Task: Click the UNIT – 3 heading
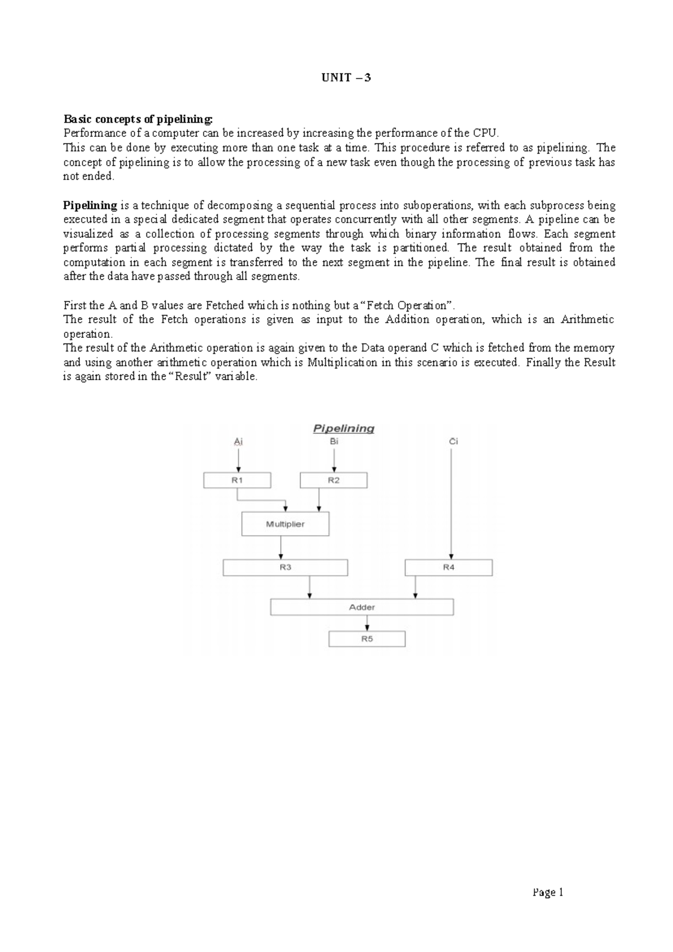tap(346, 77)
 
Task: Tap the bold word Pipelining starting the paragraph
tap(90, 205)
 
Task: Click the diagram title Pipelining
tap(343, 429)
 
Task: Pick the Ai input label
tap(238, 442)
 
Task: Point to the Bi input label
tap(334, 442)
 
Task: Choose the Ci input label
tap(453, 442)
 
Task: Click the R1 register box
tap(237, 480)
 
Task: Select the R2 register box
tap(334, 480)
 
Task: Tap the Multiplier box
tap(285, 524)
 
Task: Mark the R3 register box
tap(285, 567)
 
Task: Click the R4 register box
tap(449, 567)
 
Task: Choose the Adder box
tap(362, 607)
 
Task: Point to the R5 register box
tap(367, 639)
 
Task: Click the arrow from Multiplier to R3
tap(281, 547)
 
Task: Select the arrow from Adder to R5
tap(367, 623)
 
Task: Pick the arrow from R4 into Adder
tap(415, 587)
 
